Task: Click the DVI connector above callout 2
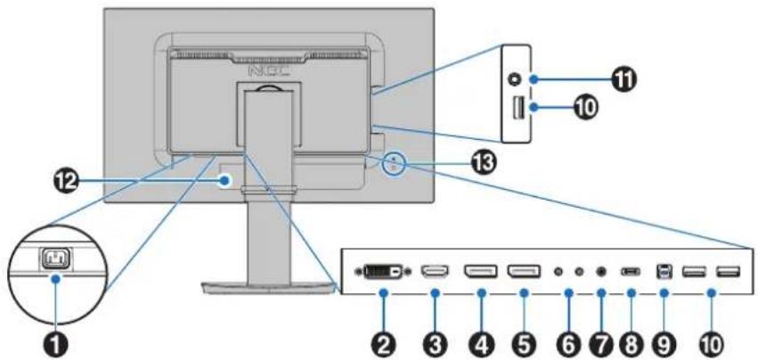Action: pos(384,272)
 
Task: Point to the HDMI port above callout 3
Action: pos(435,272)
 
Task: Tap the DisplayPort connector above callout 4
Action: pos(481,272)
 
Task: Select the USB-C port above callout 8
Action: pos(631,272)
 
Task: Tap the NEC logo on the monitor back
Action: pos(269,71)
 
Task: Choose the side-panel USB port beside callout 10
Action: pos(518,108)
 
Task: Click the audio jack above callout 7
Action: pos(601,272)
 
